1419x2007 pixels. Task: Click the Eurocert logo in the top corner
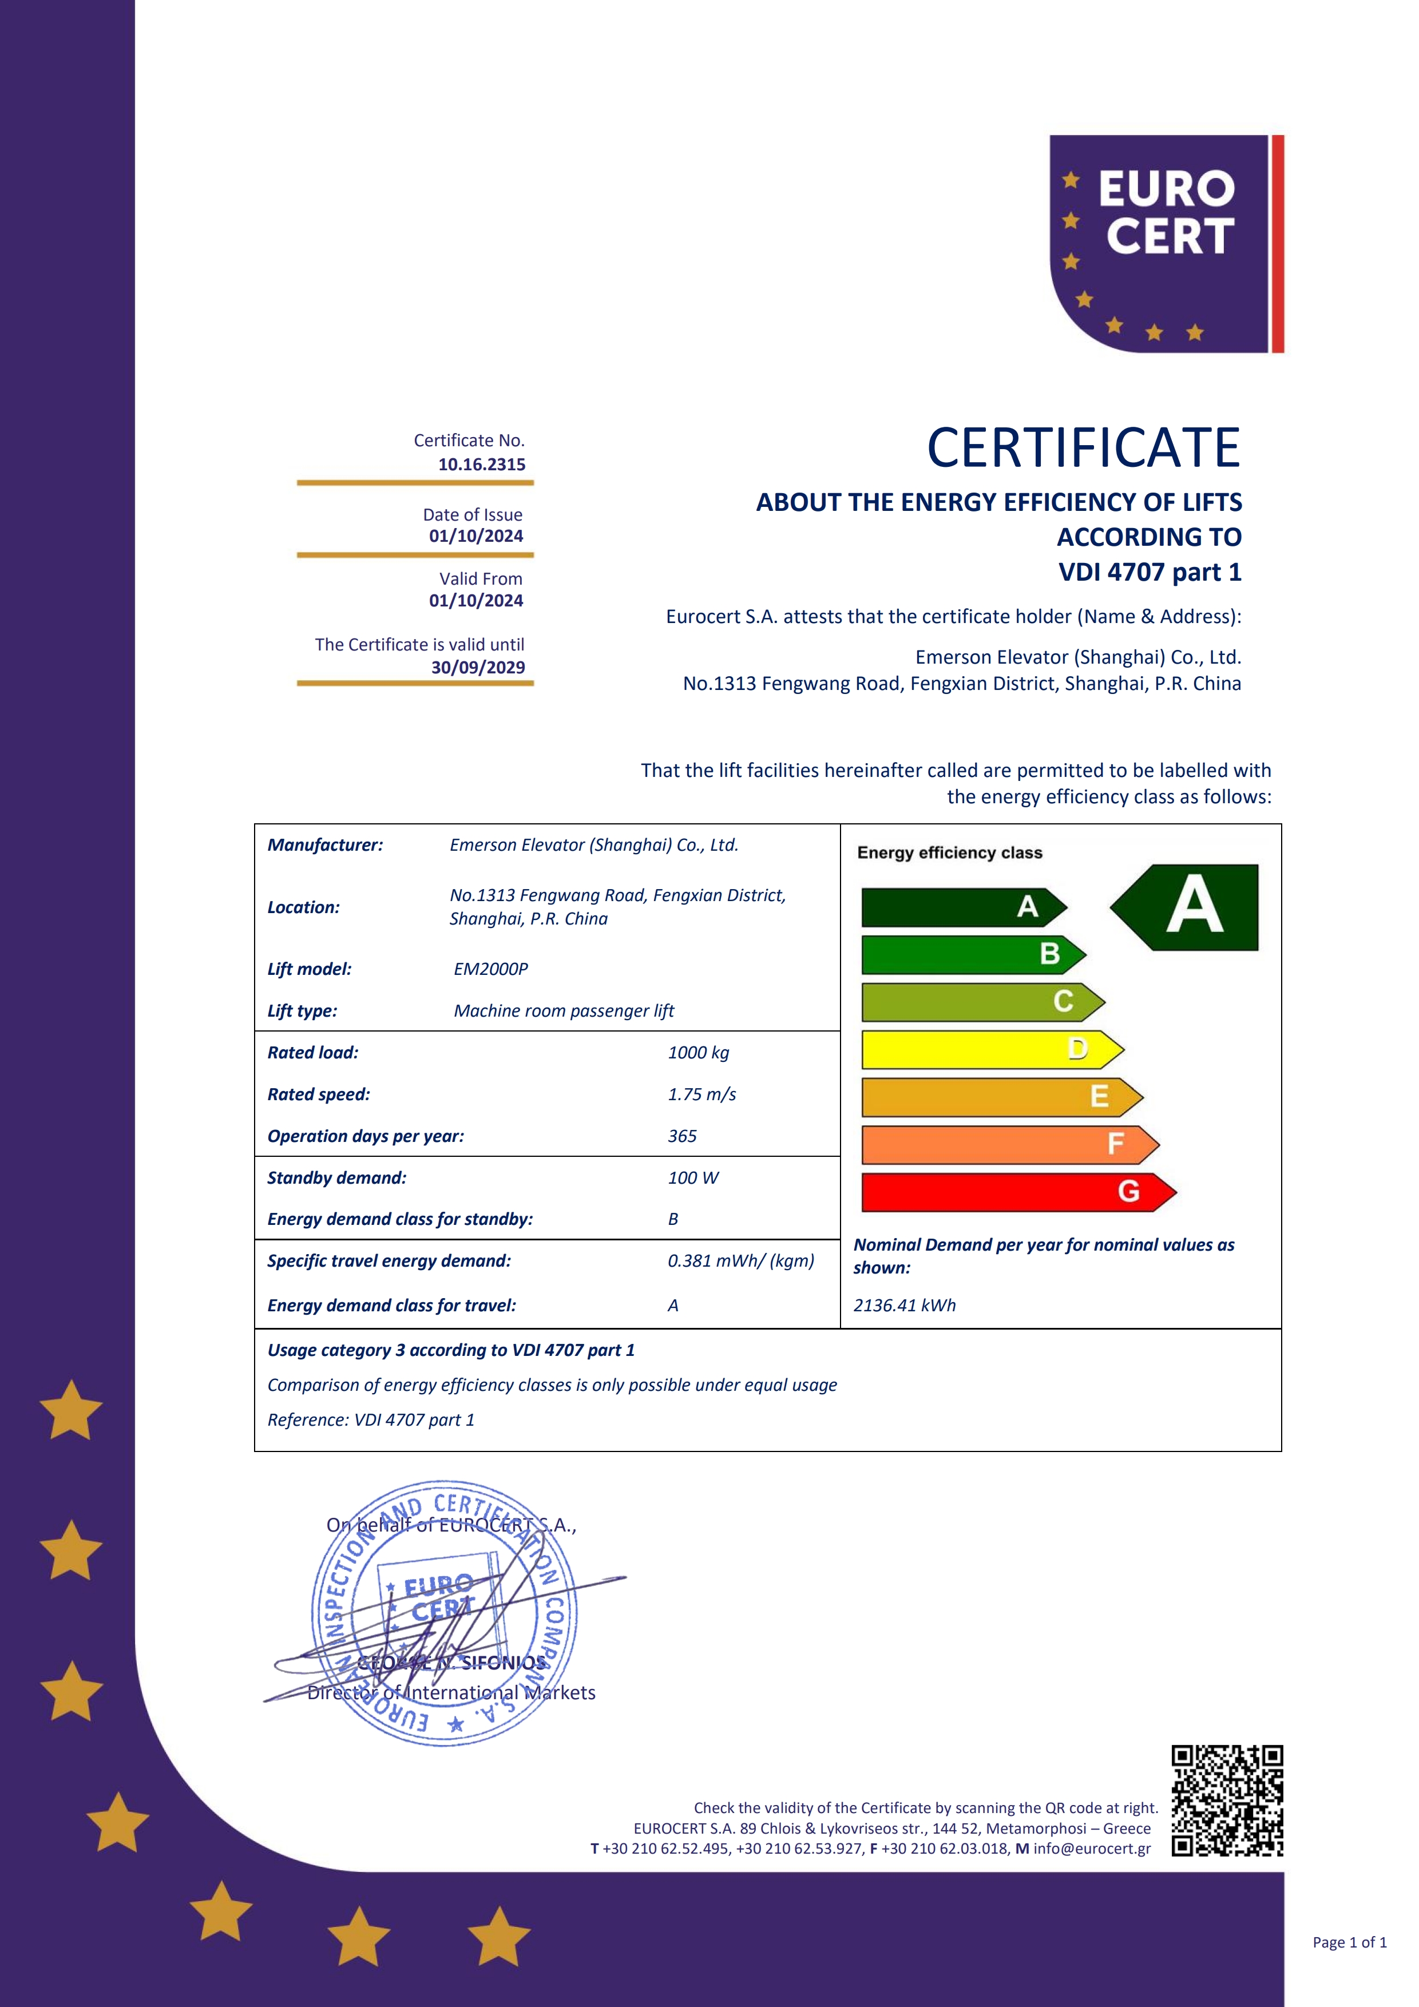click(x=1166, y=244)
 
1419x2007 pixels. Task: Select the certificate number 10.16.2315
click(x=482, y=464)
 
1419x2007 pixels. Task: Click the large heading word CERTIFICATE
click(x=1083, y=449)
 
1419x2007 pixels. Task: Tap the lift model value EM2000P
click(x=490, y=969)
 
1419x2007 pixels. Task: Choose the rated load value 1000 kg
click(x=697, y=1053)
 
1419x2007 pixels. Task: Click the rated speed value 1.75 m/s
click(x=701, y=1094)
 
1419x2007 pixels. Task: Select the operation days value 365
click(x=682, y=1136)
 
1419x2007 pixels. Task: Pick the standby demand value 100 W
click(x=692, y=1177)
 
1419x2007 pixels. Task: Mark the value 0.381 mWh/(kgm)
click(x=740, y=1260)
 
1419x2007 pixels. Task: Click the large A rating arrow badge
click(x=1187, y=907)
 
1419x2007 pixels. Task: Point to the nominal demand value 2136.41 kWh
click(x=904, y=1305)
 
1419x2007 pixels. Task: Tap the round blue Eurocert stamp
click(x=443, y=1613)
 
